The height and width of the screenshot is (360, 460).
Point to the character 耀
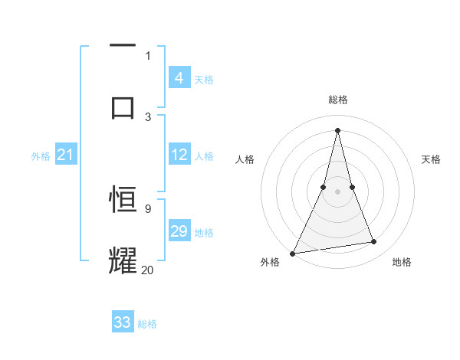[123, 260]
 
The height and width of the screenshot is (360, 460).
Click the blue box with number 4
[179, 78]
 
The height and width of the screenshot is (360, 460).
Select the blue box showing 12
[179, 155]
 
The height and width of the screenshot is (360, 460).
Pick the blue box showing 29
[179, 231]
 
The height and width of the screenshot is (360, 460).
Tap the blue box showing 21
[66, 155]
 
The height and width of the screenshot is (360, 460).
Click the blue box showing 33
[123, 322]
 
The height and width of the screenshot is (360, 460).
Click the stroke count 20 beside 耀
[148, 270]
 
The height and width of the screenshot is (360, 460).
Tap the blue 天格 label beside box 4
[204, 79]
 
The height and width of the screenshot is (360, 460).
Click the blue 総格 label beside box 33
[148, 324]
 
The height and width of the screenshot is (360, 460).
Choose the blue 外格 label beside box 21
[41, 156]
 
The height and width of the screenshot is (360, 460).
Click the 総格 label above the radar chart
[338, 100]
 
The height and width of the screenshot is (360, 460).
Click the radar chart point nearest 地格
[374, 242]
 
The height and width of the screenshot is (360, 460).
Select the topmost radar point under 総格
[337, 129]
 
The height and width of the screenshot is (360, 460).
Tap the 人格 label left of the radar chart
[245, 159]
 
